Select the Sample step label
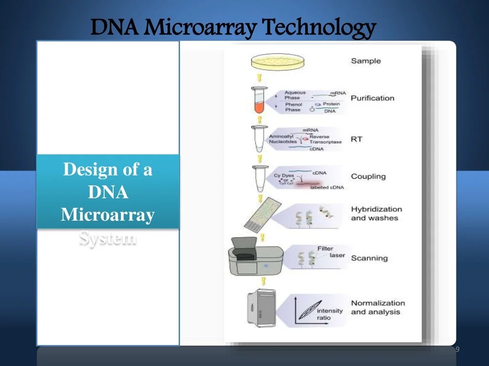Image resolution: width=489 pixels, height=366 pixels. pos(366,61)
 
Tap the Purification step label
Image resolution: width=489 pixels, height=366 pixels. pos(372,98)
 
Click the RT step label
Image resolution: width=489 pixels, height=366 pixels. pos(356,139)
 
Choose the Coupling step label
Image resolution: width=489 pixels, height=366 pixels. pos(368,176)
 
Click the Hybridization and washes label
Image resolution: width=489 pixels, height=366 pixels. pos(376,213)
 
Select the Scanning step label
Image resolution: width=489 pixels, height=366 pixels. pos(369,258)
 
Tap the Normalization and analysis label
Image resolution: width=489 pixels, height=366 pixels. pos(378,307)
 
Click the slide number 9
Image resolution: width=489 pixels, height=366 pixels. pos(457,350)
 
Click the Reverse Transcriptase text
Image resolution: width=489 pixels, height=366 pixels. pos(325,139)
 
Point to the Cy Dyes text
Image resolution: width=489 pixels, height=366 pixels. pos(284,176)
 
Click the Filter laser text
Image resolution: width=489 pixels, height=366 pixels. pos(329,252)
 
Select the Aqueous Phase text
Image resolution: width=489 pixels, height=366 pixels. pos(295,95)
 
